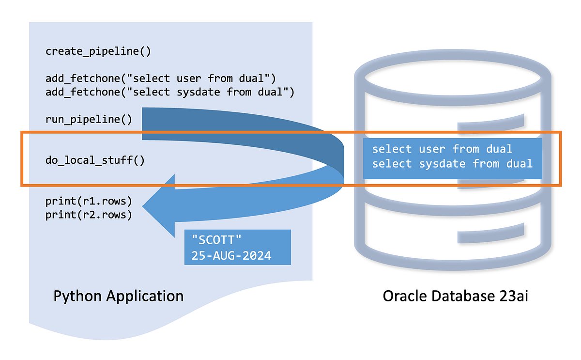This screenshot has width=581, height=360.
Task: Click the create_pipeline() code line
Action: (98, 51)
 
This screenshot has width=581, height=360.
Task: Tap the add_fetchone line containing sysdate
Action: (170, 92)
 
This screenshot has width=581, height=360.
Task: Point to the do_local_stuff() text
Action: (95, 160)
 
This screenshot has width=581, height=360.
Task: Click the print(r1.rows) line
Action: (89, 201)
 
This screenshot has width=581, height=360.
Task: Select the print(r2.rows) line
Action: (89, 215)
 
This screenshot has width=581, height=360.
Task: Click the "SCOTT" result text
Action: (216, 240)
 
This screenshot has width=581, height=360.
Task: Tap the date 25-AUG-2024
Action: (231, 255)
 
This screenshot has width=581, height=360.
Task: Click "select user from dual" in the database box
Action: (442, 149)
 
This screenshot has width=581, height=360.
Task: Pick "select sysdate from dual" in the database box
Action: (452, 164)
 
